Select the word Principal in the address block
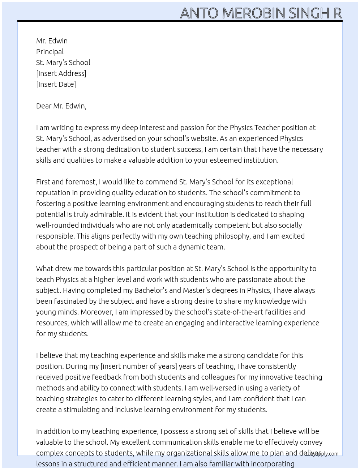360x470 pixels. coord(50,52)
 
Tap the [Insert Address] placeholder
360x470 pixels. coord(61,73)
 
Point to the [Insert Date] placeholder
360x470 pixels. coord(56,84)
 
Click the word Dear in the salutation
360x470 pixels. coord(44,106)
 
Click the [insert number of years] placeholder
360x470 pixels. coord(138,366)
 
